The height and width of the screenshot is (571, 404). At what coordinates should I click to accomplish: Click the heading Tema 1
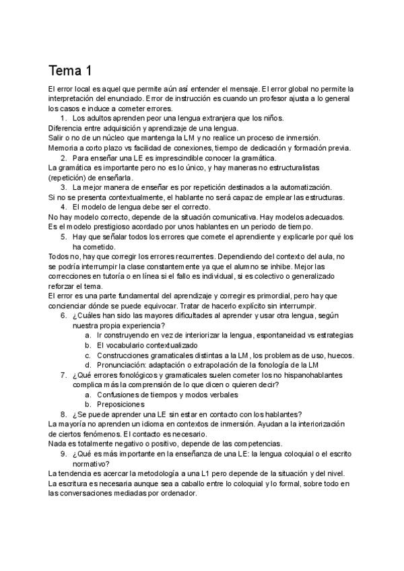(70, 70)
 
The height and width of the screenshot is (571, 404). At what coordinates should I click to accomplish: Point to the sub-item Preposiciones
(121, 404)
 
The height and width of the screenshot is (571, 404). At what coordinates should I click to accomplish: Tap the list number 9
(63, 454)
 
